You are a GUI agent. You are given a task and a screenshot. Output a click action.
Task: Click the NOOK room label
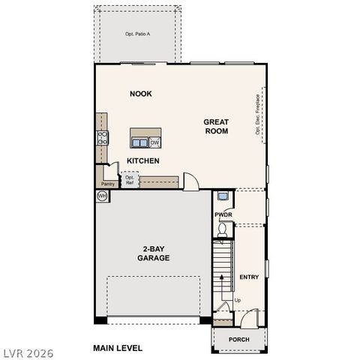coord(140,94)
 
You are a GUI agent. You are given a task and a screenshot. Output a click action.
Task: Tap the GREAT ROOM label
coord(216,126)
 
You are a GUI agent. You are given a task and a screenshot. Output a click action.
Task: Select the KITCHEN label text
coord(142,161)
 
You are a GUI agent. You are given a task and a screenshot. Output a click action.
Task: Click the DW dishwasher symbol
coord(155,142)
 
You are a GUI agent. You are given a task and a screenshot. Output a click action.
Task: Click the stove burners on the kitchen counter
coord(102,137)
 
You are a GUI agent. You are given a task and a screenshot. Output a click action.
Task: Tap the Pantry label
coord(108,182)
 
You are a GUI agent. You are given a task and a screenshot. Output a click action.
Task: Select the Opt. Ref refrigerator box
coord(130,181)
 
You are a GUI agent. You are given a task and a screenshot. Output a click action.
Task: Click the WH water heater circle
coord(102,196)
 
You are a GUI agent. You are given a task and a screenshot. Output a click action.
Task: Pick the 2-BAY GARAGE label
coord(152,253)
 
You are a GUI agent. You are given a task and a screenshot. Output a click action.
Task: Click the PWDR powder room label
coord(223,215)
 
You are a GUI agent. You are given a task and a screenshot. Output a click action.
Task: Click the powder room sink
coord(223,196)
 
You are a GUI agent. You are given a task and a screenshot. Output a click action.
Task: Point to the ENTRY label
coord(249,277)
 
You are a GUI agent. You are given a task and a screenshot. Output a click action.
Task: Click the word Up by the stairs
coord(238,301)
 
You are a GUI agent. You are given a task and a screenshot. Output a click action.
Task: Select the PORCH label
coord(238,339)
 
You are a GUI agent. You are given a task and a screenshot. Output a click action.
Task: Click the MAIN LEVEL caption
coord(118,348)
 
